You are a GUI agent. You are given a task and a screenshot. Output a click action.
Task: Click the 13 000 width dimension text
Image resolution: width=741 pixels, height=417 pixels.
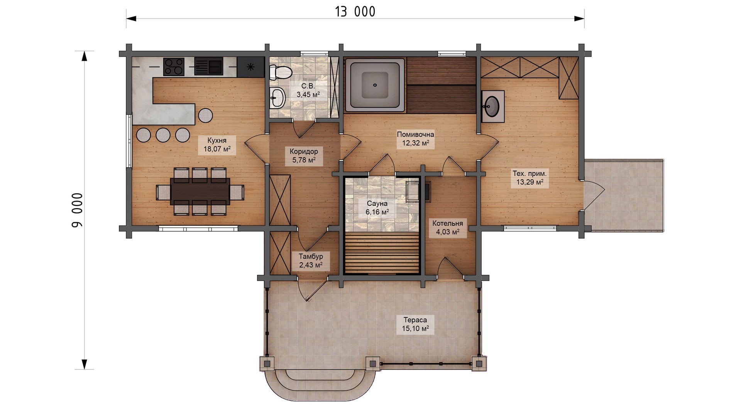coord(355,12)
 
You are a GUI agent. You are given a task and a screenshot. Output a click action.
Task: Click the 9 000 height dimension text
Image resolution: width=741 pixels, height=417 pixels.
coord(77,210)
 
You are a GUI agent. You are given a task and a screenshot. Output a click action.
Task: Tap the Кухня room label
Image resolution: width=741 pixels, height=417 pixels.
coord(217,140)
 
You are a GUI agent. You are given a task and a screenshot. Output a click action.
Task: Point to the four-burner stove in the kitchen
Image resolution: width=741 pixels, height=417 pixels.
coord(174,66)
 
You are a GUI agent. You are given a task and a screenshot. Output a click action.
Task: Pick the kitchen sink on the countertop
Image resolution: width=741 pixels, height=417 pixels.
coord(208,66)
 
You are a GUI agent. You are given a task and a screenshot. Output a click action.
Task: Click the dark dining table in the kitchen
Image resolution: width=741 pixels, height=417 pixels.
coord(200,192)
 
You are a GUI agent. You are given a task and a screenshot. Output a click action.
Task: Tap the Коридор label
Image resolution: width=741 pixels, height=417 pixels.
coord(304,151)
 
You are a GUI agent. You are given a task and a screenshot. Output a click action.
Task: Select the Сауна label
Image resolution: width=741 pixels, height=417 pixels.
coord(377,203)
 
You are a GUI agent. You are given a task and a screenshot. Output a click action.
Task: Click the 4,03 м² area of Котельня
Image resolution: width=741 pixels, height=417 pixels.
coord(448,232)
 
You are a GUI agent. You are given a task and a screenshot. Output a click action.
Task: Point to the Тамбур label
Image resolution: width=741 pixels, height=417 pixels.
coord(311,256)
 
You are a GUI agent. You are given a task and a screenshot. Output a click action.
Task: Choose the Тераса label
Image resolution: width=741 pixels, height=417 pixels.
coord(415,320)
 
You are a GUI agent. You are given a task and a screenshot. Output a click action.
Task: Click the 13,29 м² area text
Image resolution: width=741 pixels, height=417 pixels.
coord(530,182)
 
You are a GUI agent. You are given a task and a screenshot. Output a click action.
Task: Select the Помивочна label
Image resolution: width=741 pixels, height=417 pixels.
coord(415,134)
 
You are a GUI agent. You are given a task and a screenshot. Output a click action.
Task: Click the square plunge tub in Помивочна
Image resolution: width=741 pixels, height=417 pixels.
coord(375,85)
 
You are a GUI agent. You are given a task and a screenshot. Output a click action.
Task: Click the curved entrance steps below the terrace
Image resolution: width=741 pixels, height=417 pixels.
coord(320,384)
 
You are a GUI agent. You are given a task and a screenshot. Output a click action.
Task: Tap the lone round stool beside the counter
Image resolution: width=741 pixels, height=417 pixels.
coord(205,115)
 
